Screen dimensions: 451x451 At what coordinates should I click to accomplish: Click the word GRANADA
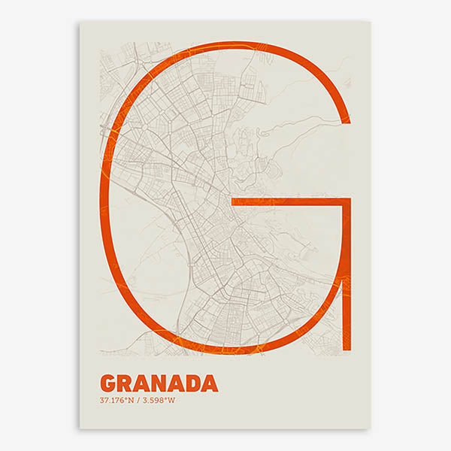coord(159,383)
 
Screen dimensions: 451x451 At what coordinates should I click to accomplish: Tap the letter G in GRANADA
coord(107,383)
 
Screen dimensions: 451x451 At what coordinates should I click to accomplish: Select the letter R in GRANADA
coord(125,383)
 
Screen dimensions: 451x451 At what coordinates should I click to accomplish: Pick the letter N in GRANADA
coord(159,383)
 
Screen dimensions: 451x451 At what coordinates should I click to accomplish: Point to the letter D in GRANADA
coord(193,383)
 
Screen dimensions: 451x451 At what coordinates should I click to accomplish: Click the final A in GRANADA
coord(210,383)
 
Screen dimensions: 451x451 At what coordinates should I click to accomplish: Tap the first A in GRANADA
coord(141,383)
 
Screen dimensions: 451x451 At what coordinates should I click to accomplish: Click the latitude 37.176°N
coord(117,400)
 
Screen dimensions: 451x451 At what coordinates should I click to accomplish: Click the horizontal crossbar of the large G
coord(289,202)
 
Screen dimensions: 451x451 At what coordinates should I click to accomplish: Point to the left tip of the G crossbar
coord(232,202)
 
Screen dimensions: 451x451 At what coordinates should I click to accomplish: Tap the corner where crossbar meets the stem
coord(347,202)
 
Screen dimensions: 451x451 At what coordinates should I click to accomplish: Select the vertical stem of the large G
coord(347,278)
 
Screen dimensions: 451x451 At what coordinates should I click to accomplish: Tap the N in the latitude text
coord(131,400)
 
